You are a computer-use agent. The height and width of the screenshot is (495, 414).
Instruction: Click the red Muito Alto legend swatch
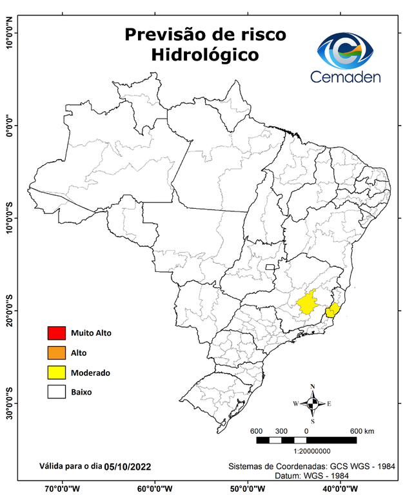(56, 333)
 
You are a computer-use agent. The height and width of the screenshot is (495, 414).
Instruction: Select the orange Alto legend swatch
(56, 353)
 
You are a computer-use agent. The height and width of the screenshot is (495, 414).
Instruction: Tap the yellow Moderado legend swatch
(56, 373)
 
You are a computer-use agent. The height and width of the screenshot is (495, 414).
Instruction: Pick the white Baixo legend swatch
(56, 392)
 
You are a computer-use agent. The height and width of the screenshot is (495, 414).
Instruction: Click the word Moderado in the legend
(90, 373)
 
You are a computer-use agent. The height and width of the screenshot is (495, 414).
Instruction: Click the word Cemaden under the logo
(346, 77)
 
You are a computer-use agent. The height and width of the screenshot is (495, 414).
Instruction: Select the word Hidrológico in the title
(204, 55)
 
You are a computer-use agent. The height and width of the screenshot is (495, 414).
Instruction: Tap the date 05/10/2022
(129, 465)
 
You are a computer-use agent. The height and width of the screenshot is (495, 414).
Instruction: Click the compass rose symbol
(313, 403)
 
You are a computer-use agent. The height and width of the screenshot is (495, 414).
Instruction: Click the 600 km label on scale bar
(362, 431)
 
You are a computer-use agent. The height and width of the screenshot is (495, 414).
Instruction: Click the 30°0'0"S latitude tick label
(9, 403)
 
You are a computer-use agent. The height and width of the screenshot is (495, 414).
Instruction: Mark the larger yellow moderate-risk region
(310, 304)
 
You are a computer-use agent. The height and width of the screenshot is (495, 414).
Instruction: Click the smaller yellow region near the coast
(333, 311)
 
